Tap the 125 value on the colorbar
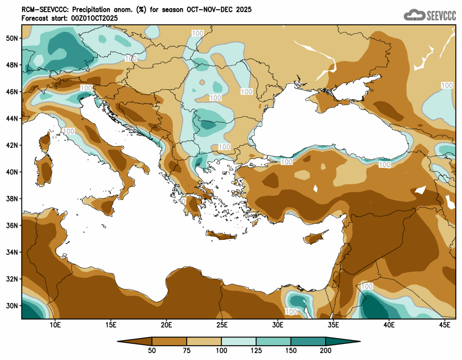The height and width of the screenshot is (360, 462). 256,350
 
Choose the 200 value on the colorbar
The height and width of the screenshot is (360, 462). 326,350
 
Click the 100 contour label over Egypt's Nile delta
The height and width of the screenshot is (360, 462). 291,312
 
